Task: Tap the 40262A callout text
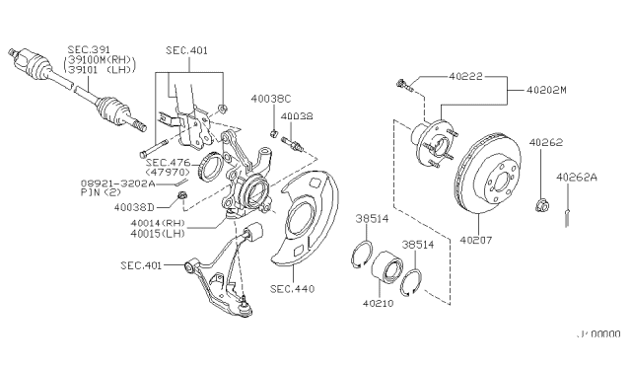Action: tap(575, 179)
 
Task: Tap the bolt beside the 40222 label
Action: tap(401, 85)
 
